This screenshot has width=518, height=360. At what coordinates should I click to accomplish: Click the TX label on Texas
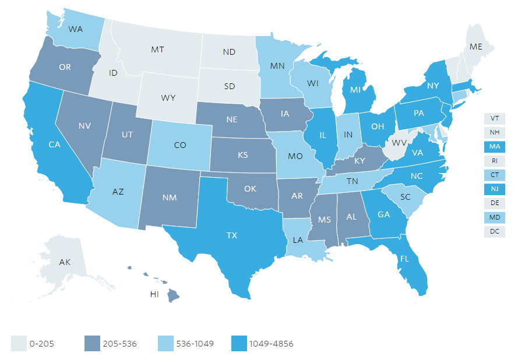click(232, 236)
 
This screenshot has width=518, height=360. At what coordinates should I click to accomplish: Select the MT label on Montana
click(157, 50)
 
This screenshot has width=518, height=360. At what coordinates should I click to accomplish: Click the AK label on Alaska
click(65, 262)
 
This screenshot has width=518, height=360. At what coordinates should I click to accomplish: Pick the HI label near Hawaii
click(154, 295)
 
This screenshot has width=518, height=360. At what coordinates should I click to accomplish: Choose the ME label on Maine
click(475, 46)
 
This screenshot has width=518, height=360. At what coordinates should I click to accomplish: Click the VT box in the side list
click(494, 118)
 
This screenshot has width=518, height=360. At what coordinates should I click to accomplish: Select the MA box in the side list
click(494, 147)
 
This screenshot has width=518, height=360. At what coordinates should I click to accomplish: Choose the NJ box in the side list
click(494, 189)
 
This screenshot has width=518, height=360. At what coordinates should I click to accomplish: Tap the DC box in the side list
click(494, 231)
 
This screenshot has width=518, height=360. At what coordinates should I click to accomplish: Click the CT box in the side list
click(494, 175)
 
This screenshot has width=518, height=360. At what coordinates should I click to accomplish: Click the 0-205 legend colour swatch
click(18, 344)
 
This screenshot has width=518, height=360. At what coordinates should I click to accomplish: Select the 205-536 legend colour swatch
click(92, 344)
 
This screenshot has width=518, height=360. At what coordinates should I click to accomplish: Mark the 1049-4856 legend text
click(272, 344)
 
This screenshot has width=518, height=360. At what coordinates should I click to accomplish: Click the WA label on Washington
click(75, 29)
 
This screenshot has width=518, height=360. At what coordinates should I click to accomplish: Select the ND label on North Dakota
click(228, 52)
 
